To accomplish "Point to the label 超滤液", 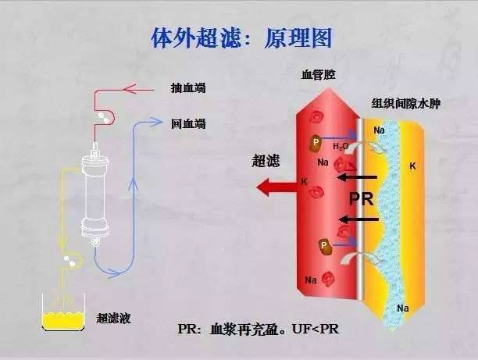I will tap(111, 318).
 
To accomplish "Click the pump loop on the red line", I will tap(103, 117).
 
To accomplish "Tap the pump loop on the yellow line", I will tap(68, 261).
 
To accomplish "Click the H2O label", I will tap(341, 146).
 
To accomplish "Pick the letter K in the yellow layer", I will tap(412, 166).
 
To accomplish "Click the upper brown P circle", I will tap(316, 142).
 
